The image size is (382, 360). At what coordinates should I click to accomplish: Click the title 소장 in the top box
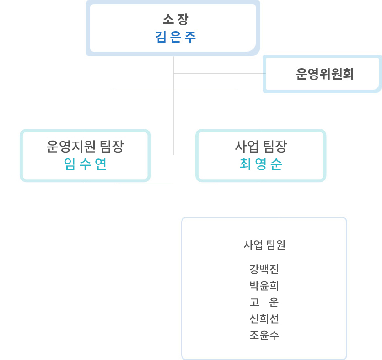pyautogui.click(x=176, y=19)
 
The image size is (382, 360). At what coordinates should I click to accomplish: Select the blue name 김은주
pyautogui.click(x=176, y=37)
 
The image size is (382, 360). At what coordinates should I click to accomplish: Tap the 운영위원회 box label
pyautogui.click(x=325, y=74)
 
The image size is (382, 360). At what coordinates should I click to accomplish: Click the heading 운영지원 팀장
pyautogui.click(x=85, y=147)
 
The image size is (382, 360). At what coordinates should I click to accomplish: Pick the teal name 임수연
pyautogui.click(x=85, y=164)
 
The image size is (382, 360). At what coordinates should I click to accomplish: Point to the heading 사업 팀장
pyautogui.click(x=261, y=147)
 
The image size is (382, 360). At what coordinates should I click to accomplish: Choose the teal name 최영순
pyautogui.click(x=261, y=164)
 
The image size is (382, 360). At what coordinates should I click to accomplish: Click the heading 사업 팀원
pyautogui.click(x=264, y=245)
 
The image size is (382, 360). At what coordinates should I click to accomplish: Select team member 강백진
pyautogui.click(x=264, y=269)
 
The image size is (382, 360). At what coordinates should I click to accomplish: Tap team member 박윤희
pyautogui.click(x=264, y=286)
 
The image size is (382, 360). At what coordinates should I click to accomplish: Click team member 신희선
pyautogui.click(x=264, y=319)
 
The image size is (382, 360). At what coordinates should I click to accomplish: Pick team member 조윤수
pyautogui.click(x=264, y=335)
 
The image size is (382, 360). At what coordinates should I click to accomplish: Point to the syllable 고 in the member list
pyautogui.click(x=254, y=302)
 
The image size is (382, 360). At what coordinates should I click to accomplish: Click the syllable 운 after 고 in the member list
pyautogui.click(x=274, y=302)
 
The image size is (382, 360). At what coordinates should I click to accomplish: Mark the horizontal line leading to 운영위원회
pyautogui.click(x=220, y=73)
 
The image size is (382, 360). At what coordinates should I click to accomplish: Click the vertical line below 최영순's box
pyautogui.click(x=261, y=200)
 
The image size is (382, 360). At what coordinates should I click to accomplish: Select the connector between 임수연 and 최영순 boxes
pyautogui.click(x=173, y=155)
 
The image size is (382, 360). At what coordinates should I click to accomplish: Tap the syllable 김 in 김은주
pyautogui.click(x=161, y=37)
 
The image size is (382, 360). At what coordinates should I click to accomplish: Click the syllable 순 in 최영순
pyautogui.click(x=276, y=164)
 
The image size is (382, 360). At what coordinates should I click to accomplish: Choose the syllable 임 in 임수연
pyautogui.click(x=70, y=164)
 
